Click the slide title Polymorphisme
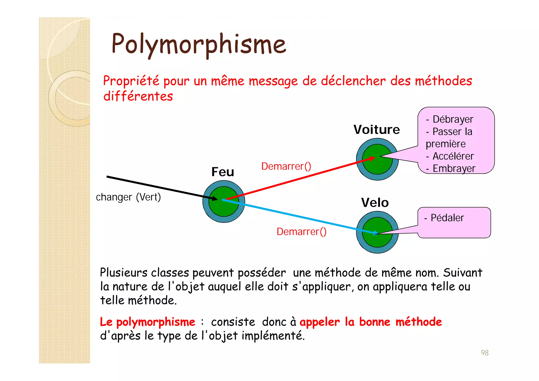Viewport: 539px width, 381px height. click(x=199, y=44)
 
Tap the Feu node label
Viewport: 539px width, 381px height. click(x=223, y=172)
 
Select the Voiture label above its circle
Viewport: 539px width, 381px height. click(x=377, y=130)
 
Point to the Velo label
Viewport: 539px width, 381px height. click(x=375, y=203)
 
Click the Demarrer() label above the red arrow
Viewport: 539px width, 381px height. click(x=286, y=166)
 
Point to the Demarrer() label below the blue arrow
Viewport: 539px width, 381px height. click(x=301, y=232)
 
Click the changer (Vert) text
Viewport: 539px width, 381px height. click(x=128, y=197)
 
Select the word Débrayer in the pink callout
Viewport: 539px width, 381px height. click(x=453, y=119)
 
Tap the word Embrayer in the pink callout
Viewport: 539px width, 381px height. click(x=454, y=169)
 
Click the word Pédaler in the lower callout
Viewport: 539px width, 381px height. click(x=447, y=218)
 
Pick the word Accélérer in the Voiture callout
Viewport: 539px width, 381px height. click(x=453, y=156)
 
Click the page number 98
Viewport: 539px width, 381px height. click(x=485, y=353)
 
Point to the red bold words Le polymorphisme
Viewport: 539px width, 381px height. click(x=147, y=322)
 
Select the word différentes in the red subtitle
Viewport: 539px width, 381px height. click(x=138, y=96)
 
